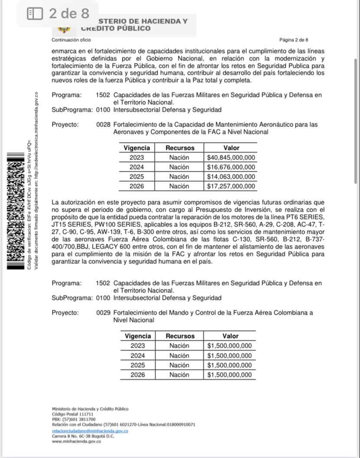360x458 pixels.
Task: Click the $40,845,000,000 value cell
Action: coord(231,158)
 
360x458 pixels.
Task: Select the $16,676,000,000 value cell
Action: coord(231,167)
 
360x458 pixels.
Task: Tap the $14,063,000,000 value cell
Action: coord(231,177)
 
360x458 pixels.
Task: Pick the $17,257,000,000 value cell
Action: coord(231,186)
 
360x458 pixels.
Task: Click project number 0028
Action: coord(103,125)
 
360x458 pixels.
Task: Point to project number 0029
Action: coord(103,313)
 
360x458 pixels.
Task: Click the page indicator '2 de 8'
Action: coord(69,13)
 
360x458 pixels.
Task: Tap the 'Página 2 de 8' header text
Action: coord(294,40)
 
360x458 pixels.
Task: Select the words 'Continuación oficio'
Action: coord(71,40)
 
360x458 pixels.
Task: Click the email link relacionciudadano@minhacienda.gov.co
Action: coord(90,431)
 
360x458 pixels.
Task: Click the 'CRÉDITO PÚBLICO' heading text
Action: coord(116,29)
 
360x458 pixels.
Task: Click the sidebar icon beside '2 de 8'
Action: coord(35,14)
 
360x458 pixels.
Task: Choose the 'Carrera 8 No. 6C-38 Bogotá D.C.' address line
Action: coord(83,436)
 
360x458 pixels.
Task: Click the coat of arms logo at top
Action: coord(64,29)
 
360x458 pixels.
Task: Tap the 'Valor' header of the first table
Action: coord(231,148)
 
